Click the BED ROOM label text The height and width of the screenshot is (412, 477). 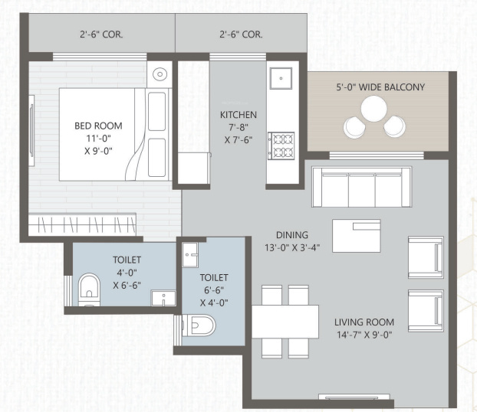pos(97,126)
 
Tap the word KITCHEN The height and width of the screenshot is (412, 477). pos(238,115)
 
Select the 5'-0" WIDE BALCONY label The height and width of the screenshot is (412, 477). pos(380,87)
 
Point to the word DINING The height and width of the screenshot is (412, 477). pos(292,234)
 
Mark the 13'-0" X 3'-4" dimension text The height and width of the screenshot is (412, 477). pos(292,247)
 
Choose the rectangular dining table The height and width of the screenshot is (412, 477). pos(285,321)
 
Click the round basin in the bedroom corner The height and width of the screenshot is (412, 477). pos(160,74)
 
